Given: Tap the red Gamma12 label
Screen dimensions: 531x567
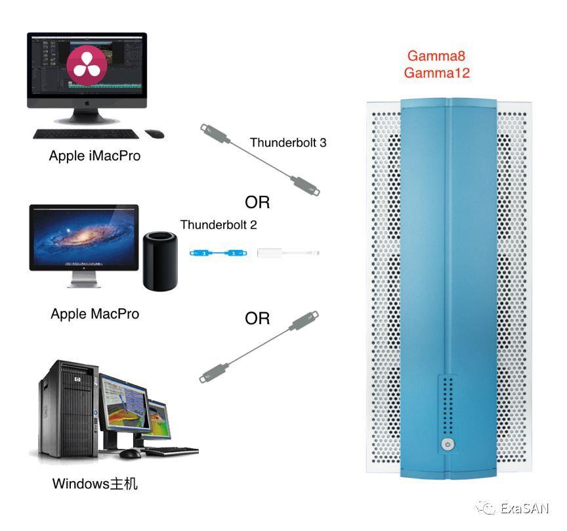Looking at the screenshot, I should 436,72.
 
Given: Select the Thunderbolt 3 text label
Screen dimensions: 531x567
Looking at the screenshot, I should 287,143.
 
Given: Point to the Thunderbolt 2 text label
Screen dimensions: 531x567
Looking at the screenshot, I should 219,225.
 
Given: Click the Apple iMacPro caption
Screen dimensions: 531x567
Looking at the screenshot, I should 94,156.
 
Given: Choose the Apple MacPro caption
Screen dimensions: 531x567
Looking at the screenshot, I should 95,314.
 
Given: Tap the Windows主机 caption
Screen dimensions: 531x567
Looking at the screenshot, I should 95,484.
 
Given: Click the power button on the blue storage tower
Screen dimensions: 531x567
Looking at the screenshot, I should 448,444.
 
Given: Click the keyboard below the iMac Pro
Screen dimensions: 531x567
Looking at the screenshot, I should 85,134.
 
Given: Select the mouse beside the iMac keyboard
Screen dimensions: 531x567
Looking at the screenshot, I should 155,134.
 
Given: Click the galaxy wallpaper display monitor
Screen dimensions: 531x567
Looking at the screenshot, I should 84,239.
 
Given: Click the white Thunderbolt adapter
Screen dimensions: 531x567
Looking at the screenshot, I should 289,252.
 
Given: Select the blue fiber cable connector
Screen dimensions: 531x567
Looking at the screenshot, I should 217,252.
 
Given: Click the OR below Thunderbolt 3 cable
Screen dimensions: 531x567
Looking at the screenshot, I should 257,201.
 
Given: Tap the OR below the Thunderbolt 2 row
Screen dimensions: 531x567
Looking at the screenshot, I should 257,319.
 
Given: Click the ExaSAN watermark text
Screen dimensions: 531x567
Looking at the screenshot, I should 524,508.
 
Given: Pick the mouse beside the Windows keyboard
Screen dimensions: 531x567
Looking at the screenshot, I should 131,453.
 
